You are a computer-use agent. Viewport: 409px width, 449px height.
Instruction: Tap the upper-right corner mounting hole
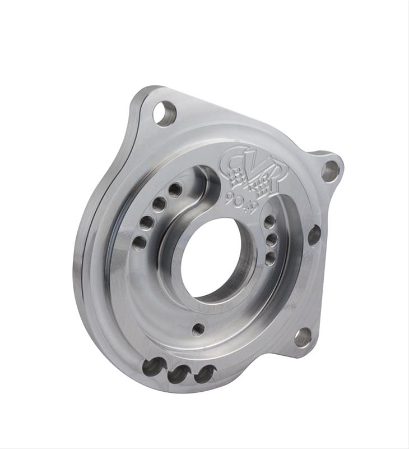click(x=330, y=171)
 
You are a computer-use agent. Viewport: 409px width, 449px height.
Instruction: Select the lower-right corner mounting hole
click(x=303, y=337)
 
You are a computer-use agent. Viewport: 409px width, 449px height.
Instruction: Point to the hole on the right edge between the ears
click(x=314, y=235)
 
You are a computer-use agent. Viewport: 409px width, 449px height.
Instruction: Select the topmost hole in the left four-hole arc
click(x=175, y=190)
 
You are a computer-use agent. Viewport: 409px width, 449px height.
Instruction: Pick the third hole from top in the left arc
click(x=147, y=223)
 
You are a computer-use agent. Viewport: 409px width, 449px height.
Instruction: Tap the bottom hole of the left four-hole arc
click(x=140, y=243)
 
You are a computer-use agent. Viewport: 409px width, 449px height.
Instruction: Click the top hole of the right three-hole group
click(x=269, y=222)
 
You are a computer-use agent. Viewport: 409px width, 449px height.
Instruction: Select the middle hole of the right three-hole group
click(x=271, y=240)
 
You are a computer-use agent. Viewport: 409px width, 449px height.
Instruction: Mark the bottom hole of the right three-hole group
click(x=269, y=258)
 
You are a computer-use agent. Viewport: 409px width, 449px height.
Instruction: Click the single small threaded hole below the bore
click(x=198, y=329)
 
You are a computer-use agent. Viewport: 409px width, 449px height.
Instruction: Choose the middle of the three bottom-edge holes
click(x=179, y=373)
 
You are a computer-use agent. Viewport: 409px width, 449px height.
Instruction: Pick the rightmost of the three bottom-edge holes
click(x=204, y=374)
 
